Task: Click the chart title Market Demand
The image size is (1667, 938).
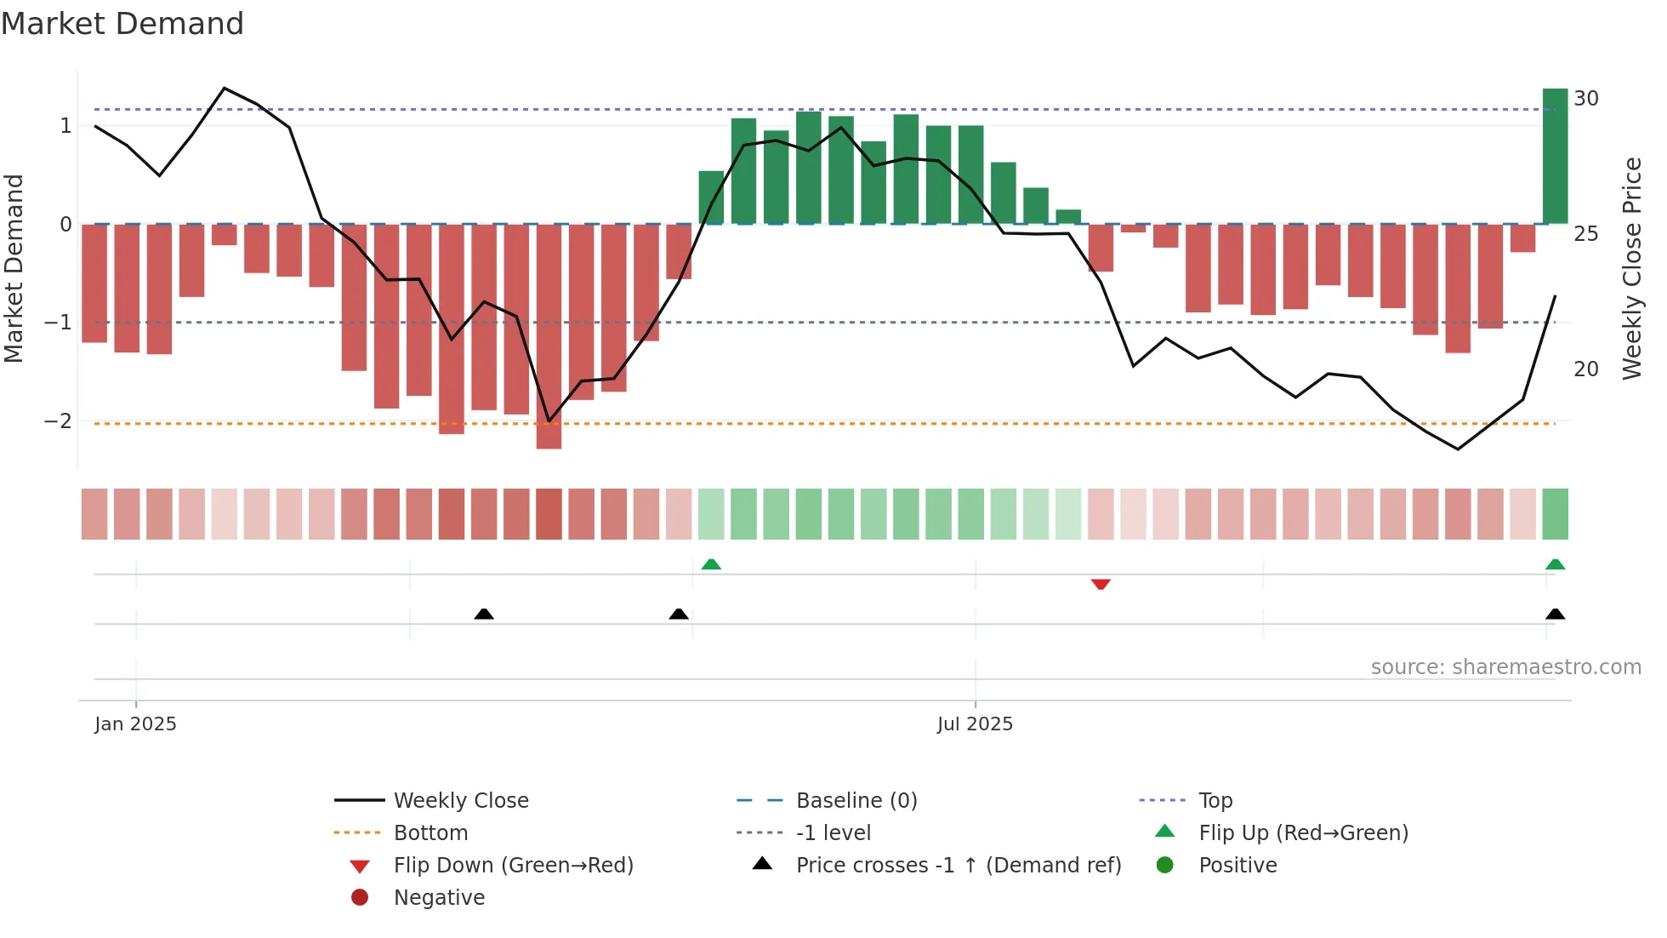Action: coord(122,24)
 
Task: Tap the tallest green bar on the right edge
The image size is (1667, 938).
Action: coord(1555,157)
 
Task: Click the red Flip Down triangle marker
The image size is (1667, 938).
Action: coord(1101,584)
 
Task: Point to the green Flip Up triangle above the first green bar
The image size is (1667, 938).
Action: coord(711,564)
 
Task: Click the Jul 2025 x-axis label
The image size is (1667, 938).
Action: coord(975,724)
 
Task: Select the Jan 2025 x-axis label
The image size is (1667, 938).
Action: coord(135,724)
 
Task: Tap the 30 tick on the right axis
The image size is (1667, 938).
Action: coord(1585,99)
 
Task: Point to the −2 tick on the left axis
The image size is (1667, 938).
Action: coord(58,421)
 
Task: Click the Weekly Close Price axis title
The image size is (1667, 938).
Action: coord(1631,268)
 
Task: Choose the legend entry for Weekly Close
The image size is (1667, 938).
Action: coord(460,801)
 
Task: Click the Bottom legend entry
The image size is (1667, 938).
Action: coord(430,833)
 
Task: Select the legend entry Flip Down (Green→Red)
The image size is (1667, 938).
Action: coord(513,866)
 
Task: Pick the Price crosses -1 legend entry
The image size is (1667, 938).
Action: coord(958,866)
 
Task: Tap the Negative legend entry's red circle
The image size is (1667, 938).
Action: coord(360,898)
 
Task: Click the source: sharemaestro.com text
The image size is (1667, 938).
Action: coord(1505,667)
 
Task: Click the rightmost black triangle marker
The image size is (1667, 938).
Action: coord(1555,614)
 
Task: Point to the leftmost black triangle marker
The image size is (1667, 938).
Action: coord(484,614)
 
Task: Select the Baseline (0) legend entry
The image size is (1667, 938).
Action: coord(856,801)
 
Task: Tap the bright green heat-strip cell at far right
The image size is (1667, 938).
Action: coord(1555,514)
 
